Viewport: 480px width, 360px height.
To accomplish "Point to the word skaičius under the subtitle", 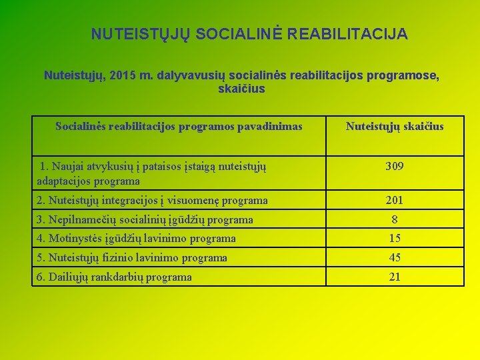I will coord(241,89).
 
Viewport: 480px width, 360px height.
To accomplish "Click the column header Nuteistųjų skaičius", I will coord(395,126).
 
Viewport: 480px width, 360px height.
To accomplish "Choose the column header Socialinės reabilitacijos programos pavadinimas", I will coord(179,126).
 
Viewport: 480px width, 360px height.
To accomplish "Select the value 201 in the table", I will coord(395,200).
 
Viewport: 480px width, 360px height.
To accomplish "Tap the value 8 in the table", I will coord(395,219).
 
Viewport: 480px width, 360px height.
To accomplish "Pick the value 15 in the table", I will coord(395,238).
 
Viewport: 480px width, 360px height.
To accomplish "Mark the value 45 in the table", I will coord(395,257).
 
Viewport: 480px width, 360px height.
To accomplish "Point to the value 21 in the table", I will coord(395,277).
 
